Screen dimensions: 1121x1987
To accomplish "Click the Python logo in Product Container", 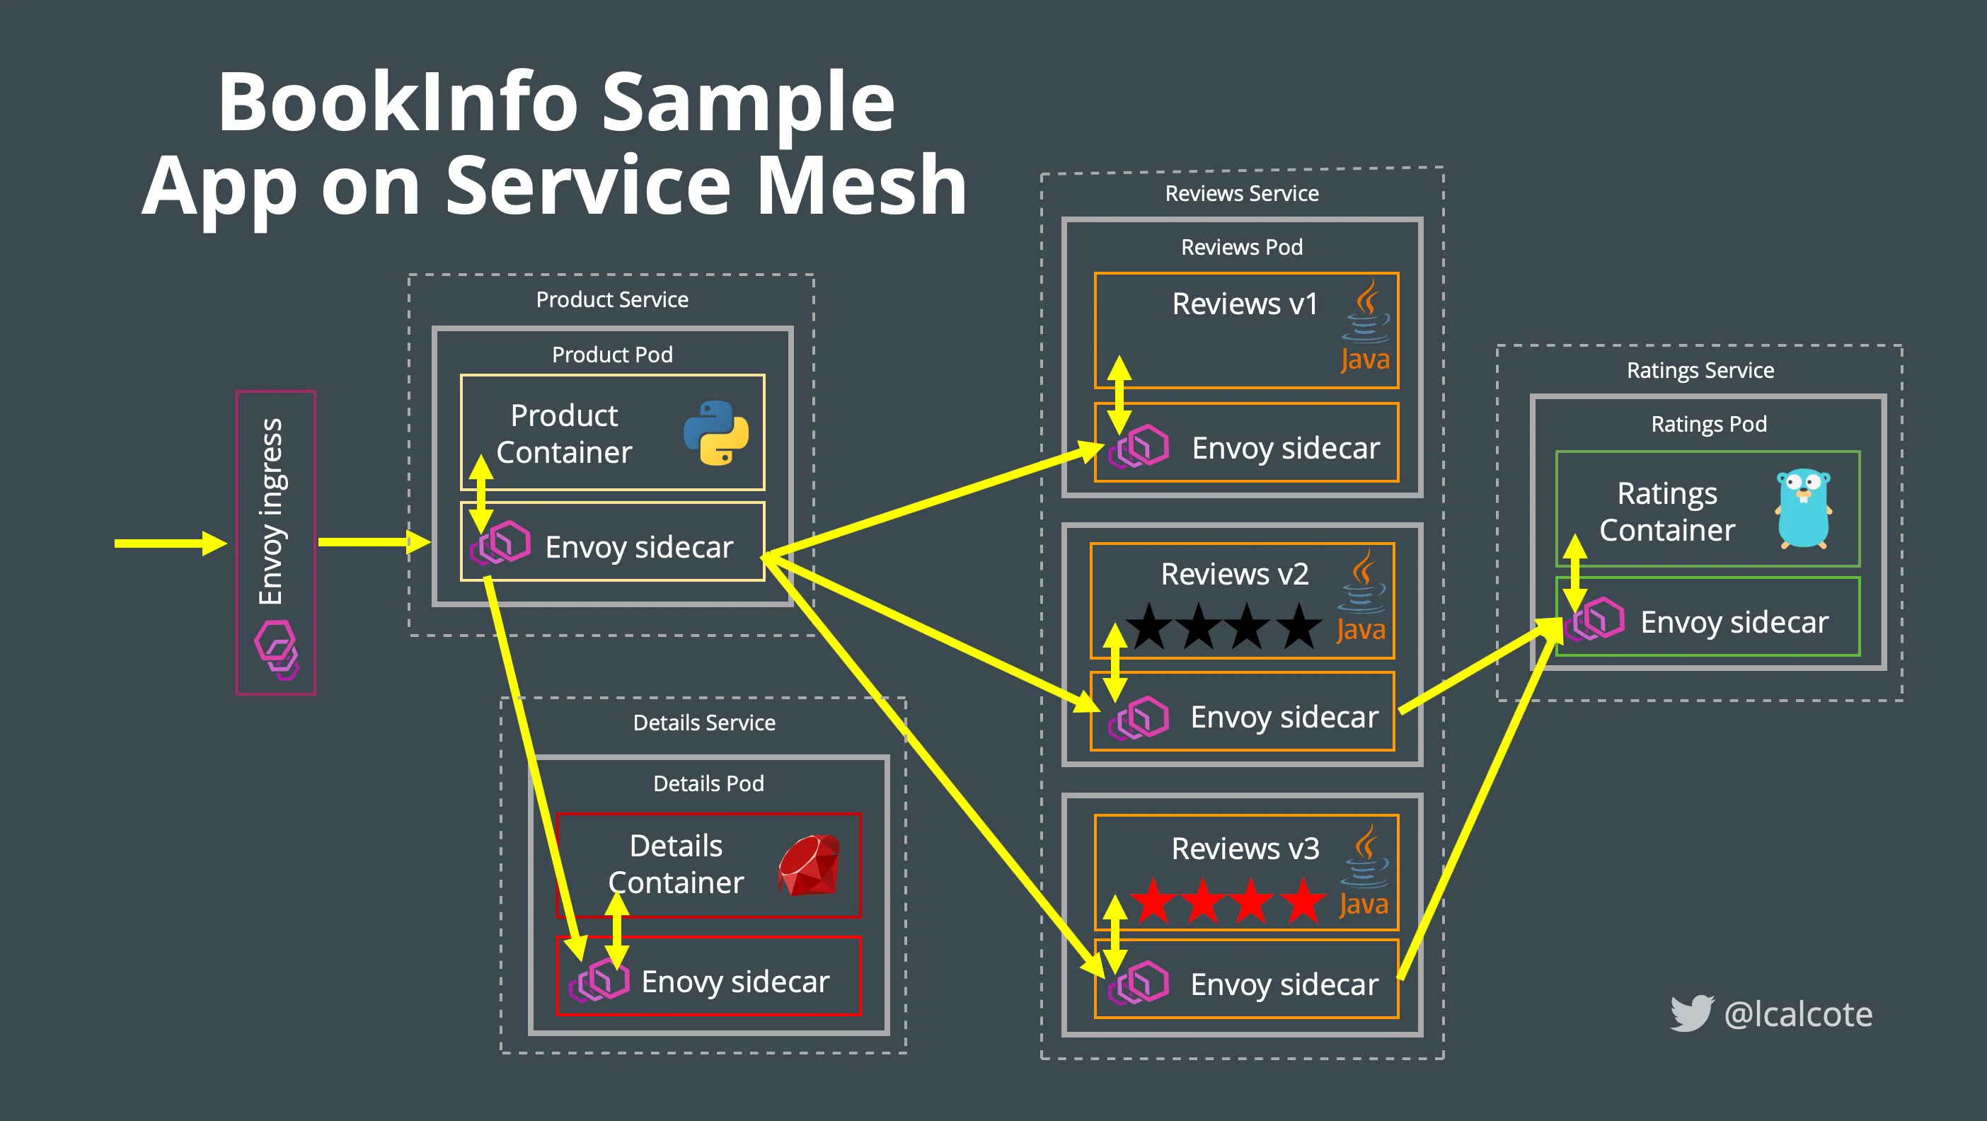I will pos(716,433).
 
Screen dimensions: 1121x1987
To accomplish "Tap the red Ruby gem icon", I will pos(809,865).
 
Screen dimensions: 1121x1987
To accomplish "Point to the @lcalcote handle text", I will pos(1798,1013).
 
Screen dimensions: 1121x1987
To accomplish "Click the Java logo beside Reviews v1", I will pos(1365,327).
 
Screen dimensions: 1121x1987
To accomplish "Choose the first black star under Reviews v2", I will pos(1148,626).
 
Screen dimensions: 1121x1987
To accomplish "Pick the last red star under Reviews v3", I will pos(1303,900).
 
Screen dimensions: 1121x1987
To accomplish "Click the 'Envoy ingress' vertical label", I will pos(271,511).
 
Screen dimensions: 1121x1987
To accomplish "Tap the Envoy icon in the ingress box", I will pos(276,650).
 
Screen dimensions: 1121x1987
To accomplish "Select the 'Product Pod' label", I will pos(613,354).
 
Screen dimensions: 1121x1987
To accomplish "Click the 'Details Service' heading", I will pos(703,722).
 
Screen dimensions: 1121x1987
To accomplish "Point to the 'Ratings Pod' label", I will pos(1708,423).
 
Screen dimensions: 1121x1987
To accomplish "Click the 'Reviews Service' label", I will pos(1241,193).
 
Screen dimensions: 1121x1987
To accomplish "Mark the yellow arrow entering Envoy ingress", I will pos(170,543).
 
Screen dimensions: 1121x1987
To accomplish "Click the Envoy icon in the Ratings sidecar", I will pos(1595,619).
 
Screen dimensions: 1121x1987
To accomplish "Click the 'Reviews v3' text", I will pos(1244,848).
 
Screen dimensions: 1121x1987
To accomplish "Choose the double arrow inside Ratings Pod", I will pos(1574,573).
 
